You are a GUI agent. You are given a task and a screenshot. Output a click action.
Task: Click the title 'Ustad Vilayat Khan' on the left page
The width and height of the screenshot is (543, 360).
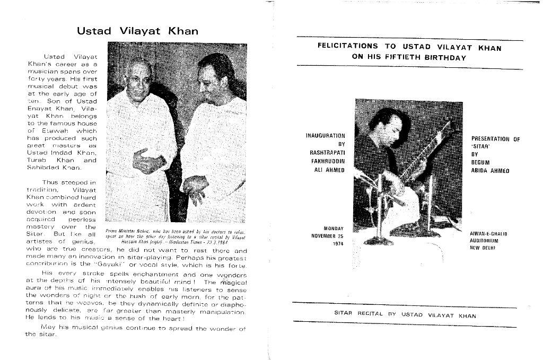point(137,31)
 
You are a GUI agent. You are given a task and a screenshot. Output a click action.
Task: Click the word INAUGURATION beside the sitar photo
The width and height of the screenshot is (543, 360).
point(326,136)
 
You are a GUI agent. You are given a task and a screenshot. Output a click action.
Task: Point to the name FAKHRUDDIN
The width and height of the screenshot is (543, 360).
point(328,161)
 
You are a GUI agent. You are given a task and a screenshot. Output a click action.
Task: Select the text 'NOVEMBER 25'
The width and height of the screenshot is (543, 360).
point(327,236)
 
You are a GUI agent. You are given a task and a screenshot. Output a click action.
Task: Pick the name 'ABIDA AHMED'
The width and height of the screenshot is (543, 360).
point(490,171)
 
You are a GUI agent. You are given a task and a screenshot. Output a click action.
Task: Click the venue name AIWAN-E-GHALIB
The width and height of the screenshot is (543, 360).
point(489,233)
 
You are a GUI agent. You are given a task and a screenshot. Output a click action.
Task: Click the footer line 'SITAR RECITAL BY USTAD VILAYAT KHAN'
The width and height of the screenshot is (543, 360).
point(405,315)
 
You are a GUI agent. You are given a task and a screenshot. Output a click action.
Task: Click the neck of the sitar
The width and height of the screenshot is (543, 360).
point(427,149)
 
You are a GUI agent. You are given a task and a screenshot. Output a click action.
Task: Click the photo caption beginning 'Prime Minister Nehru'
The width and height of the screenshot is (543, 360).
point(176,236)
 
